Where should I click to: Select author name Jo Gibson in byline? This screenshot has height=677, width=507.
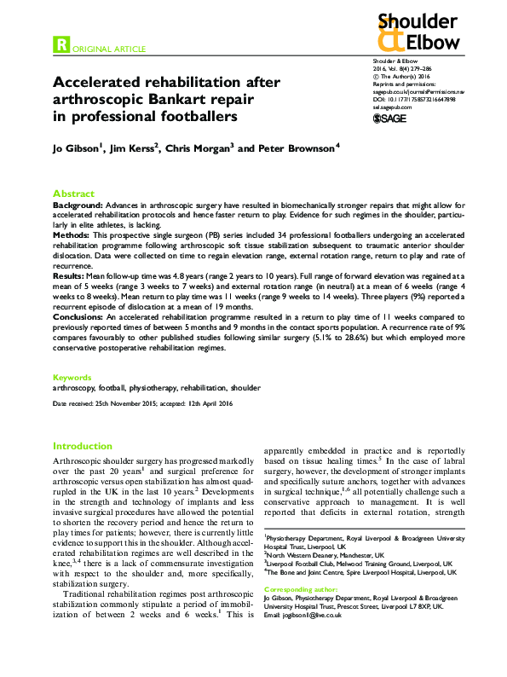tap(75, 149)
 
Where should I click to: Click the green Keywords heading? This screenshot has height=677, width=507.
tap(72, 377)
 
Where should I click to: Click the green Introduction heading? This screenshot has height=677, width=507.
tap(82, 446)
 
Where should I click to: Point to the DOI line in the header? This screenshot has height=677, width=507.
tap(414, 99)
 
